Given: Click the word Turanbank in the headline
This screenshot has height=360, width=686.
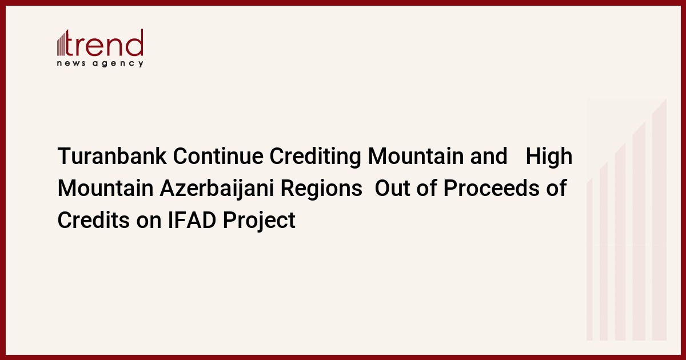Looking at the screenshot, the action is [112, 156].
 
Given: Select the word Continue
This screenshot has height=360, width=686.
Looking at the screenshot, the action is [218, 156].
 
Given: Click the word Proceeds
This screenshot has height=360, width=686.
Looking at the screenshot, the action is [491, 188].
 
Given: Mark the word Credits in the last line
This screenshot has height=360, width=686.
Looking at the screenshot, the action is [94, 220].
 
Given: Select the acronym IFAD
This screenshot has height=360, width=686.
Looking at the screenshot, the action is [192, 220].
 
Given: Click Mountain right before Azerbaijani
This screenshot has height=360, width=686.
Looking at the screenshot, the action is [105, 188].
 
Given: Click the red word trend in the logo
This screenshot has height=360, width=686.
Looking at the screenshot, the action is [104, 43].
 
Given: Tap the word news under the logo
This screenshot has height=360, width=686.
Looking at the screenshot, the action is [71, 63].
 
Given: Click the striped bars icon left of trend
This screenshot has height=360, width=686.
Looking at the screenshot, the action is [61, 44].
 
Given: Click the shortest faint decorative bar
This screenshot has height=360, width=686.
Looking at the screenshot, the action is [589, 259].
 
